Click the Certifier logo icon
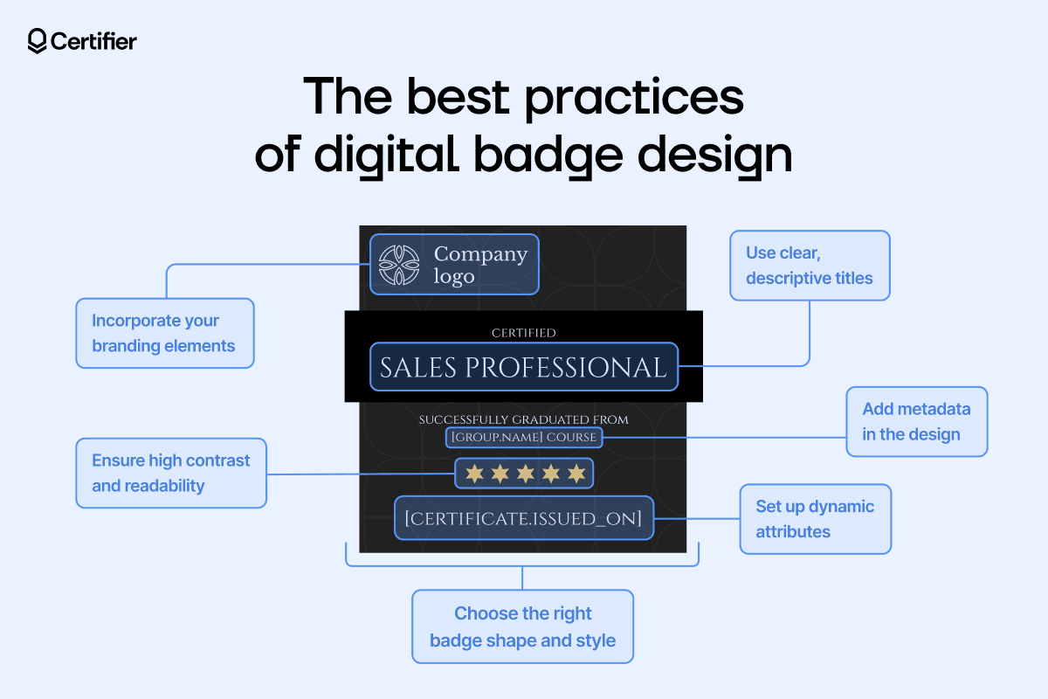pos(37,41)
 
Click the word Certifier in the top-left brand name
pos(93,41)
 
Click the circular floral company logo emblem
pos(399,264)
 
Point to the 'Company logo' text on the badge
pos(480,264)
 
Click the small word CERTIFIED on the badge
pos(523,333)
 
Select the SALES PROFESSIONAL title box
pos(523,367)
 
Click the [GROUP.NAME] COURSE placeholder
pos(523,437)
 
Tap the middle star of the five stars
pos(524,474)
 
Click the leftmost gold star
pos(473,474)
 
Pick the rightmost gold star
pos(576,474)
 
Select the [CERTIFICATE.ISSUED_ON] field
pos(523,518)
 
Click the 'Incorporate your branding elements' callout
pos(164,333)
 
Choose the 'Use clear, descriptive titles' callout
pos(809,266)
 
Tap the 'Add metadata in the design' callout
pos(916,421)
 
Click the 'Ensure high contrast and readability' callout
pos(171,473)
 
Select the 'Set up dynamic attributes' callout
pos(815,519)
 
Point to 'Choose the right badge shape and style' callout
pos(522,626)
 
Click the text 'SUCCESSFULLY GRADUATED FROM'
pos(523,420)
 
